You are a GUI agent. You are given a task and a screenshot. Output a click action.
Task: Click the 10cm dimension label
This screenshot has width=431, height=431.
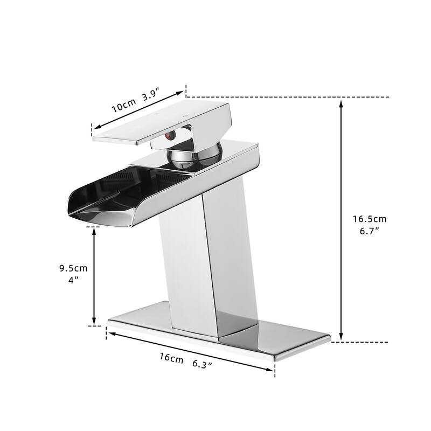(x=124, y=105)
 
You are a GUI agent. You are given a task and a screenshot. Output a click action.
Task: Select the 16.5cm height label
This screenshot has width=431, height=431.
(x=370, y=219)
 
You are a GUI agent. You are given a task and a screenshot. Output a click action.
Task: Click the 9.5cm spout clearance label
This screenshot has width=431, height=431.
(x=73, y=268)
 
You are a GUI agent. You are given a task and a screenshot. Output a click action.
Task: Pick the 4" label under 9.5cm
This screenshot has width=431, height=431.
(x=73, y=280)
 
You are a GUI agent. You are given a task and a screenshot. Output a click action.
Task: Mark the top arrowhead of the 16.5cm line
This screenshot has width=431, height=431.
(x=341, y=103)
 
